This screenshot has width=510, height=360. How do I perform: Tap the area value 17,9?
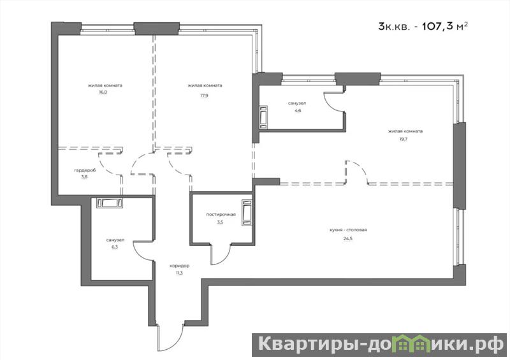click(204, 96)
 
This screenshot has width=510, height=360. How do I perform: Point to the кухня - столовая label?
click(348, 230)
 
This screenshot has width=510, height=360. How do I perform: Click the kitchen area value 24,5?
click(347, 238)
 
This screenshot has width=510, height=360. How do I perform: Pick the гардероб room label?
click(85, 170)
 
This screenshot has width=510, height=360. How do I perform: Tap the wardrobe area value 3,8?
click(85, 177)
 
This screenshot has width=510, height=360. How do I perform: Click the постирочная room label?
click(221, 215)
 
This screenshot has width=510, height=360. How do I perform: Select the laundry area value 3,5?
click(220, 223)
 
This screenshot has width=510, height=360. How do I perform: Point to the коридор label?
click(179, 266)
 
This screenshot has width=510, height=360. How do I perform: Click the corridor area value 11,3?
click(179, 273)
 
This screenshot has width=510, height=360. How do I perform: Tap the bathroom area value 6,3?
click(115, 247)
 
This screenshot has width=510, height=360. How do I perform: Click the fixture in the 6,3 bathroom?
click(110, 203)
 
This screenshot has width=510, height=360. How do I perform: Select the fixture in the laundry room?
click(247, 213)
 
